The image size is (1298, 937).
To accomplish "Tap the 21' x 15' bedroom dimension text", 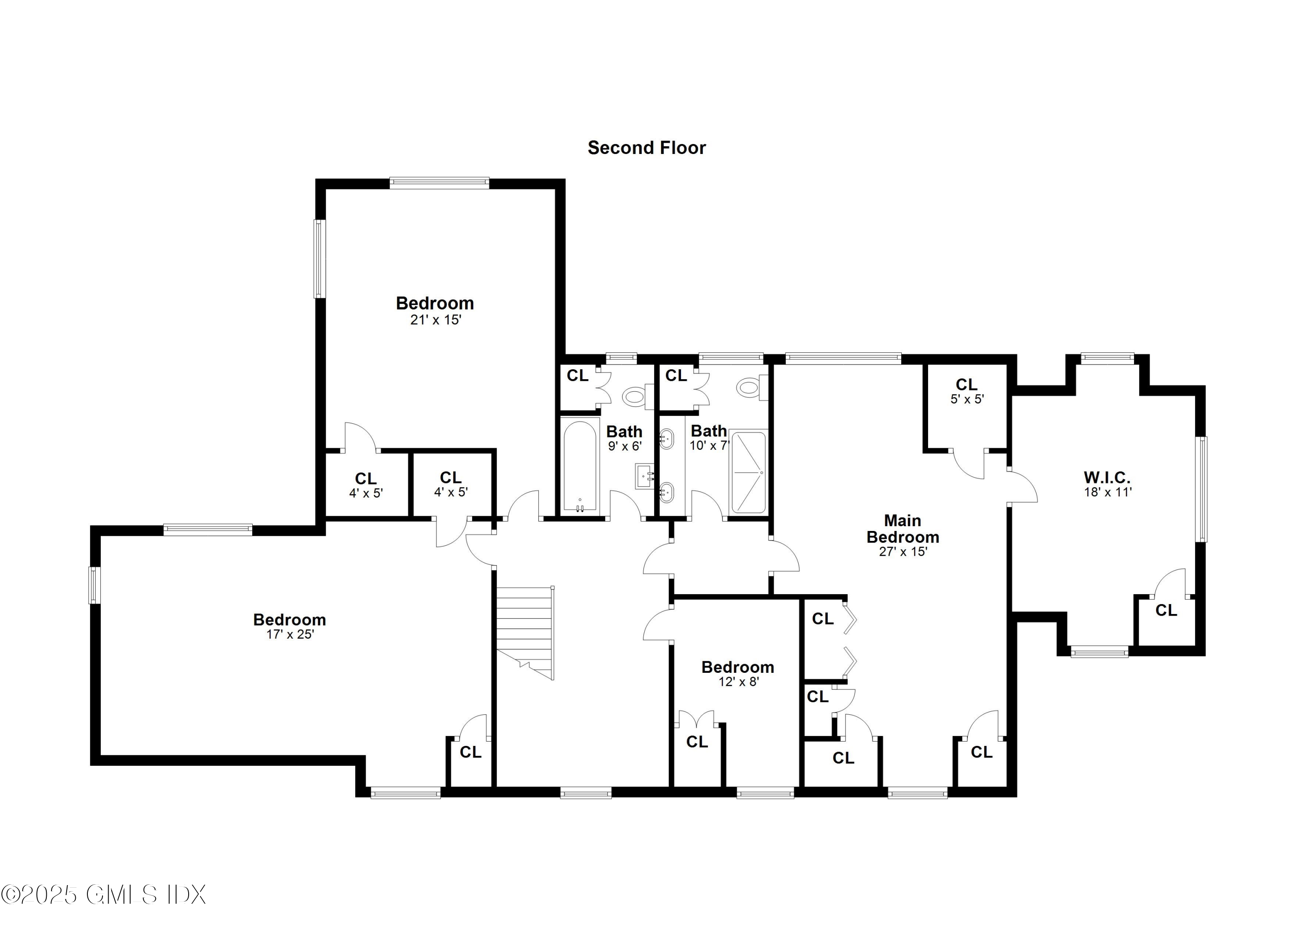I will click(x=436, y=320).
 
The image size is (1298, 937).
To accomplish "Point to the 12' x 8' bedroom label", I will click(x=738, y=668).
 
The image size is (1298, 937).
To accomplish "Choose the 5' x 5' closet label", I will click(x=967, y=391).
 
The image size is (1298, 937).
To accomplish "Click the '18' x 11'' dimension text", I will click(x=1108, y=492).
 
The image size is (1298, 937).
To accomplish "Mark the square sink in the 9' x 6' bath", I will click(x=645, y=476).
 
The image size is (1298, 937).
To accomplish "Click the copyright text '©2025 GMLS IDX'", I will click(x=103, y=895).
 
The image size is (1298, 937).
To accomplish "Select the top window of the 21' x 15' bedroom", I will click(x=440, y=183).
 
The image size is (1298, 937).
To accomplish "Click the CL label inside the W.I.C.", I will click(x=1166, y=611).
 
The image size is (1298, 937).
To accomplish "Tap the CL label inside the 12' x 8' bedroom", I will click(x=697, y=742).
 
